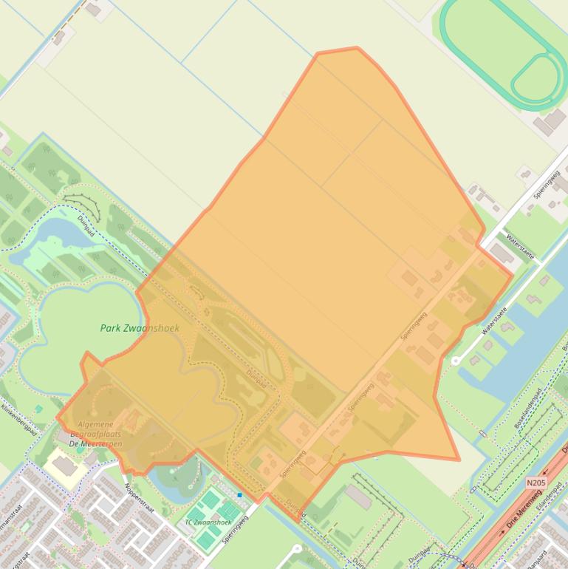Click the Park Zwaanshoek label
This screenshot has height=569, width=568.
[x=140, y=328]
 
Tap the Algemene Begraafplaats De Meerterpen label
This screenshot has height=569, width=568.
[x=95, y=435]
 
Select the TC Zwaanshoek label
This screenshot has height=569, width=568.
[x=208, y=522]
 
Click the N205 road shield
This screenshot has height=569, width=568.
[x=536, y=483]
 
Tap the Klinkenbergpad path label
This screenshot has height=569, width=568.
[x=18, y=420]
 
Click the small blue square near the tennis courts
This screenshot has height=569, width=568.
[x=240, y=494]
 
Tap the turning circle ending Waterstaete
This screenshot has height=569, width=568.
[x=456, y=361]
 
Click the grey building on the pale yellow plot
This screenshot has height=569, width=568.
[x=66, y=467]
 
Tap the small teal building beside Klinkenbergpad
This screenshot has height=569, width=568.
[x=38, y=408]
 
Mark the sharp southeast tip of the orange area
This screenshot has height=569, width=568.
[x=459, y=460]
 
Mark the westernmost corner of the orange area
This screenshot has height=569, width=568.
[x=57, y=418]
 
